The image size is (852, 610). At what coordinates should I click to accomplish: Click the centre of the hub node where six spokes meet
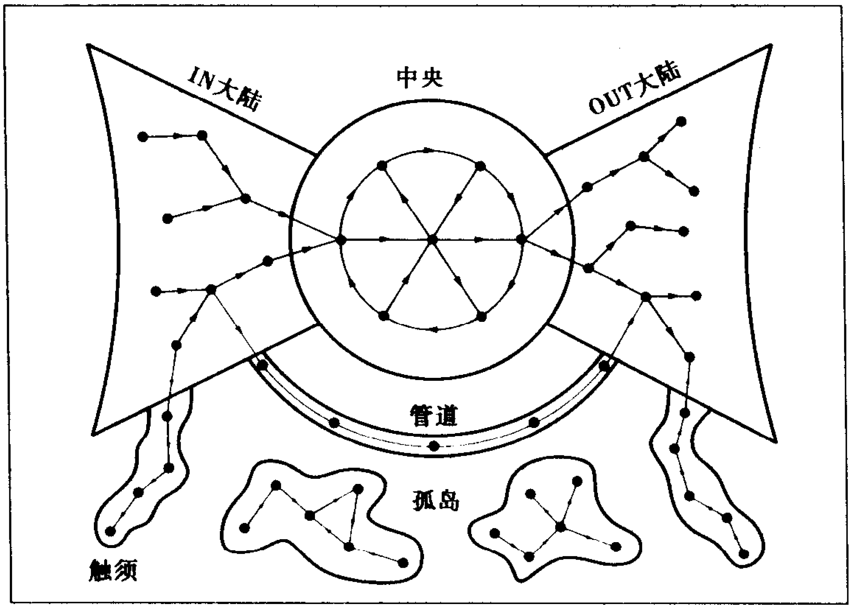point(432,239)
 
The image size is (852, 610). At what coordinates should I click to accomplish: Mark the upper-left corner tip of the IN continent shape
point(88,45)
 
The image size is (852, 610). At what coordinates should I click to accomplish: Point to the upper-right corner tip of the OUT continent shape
point(771,46)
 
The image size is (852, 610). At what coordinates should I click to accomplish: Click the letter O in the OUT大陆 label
point(596,107)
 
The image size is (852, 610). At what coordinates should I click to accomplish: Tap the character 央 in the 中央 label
point(432,78)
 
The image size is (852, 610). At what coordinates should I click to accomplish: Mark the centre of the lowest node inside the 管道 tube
point(434,446)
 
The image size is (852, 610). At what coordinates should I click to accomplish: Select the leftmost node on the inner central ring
point(341,240)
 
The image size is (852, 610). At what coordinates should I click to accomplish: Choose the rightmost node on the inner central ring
point(522,239)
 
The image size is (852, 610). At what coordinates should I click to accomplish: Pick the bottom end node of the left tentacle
point(110,531)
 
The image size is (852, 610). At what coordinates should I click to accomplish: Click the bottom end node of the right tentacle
point(744,554)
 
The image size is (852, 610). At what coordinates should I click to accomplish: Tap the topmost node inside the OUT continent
point(681,122)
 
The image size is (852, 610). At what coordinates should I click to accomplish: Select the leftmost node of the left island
point(244,528)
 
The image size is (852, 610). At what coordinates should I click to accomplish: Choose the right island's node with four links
point(560,527)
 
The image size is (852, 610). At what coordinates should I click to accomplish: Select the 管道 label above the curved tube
point(434,415)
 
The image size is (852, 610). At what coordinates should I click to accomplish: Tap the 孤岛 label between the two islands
point(436,500)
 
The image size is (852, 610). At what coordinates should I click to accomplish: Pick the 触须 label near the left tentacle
point(113,571)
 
